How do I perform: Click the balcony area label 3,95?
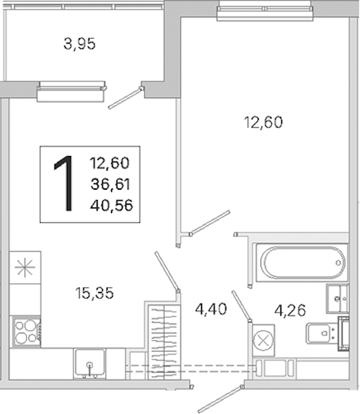(x=79, y=44)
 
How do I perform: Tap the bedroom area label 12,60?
(x=263, y=122)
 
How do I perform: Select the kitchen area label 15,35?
(x=94, y=293)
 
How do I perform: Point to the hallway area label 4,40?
(x=211, y=309)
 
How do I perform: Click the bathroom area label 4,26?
(x=290, y=310)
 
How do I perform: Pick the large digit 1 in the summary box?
(x=64, y=184)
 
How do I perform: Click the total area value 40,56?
(x=111, y=205)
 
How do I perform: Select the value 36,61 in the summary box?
(x=110, y=184)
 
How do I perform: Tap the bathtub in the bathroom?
(x=302, y=263)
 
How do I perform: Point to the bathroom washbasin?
(x=337, y=299)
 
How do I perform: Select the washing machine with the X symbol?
(x=263, y=341)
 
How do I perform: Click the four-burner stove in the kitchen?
(x=27, y=332)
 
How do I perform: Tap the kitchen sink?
(x=90, y=364)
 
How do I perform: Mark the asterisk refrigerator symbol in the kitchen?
(x=25, y=268)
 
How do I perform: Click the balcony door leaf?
(x=125, y=98)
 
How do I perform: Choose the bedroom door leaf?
(x=210, y=223)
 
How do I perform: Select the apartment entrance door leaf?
(x=221, y=400)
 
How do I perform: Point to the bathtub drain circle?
(x=338, y=263)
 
